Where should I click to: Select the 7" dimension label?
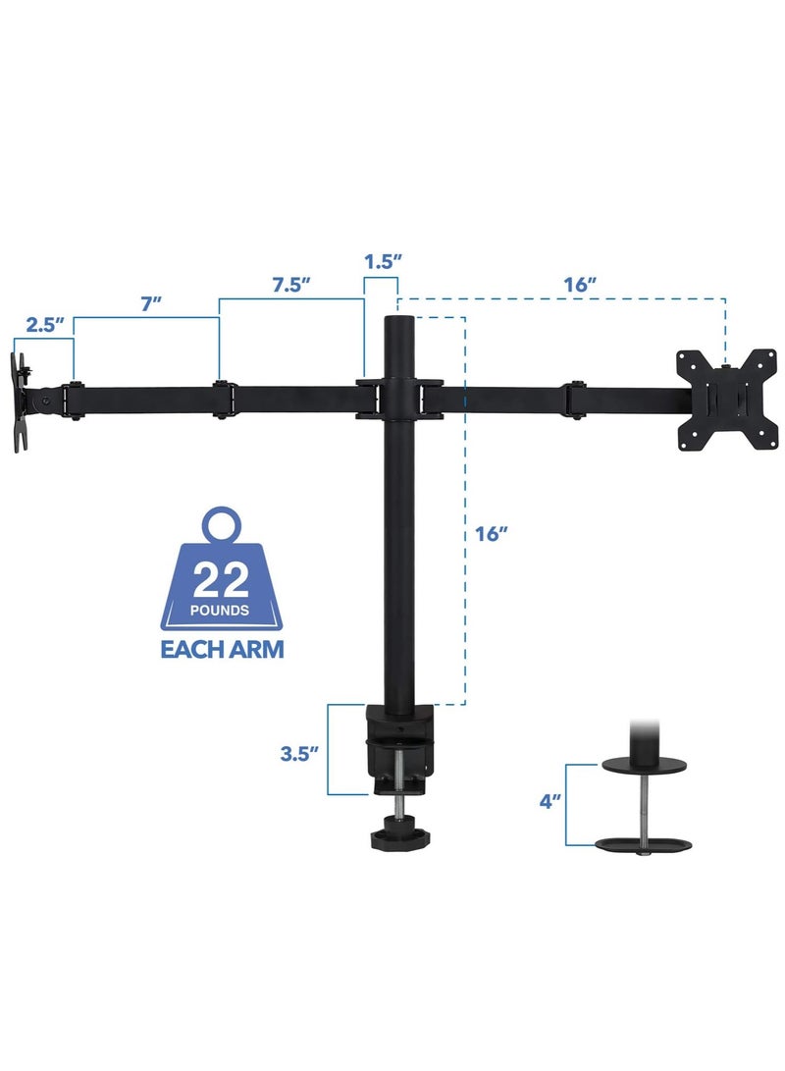pyautogui.click(x=150, y=303)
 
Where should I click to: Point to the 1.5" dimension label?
pyautogui.click(x=382, y=263)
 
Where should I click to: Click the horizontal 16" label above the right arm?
pyautogui.click(x=581, y=285)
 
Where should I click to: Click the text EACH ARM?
pyautogui.click(x=223, y=649)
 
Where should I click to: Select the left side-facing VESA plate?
pyautogui.click(x=22, y=403)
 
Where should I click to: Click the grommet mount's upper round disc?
pyautogui.click(x=642, y=763)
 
